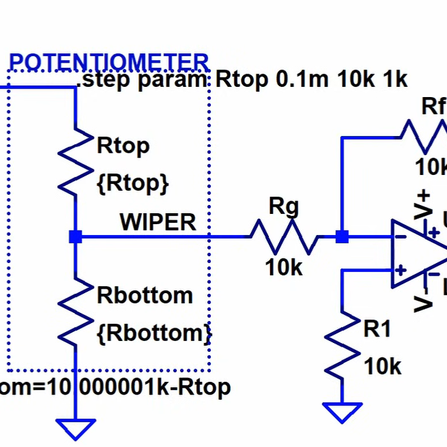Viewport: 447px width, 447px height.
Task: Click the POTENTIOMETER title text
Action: pyautogui.click(x=109, y=62)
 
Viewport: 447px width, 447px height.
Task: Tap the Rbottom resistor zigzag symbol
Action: pyautogui.click(x=76, y=310)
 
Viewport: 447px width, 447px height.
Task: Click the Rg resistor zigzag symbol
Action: pyautogui.click(x=284, y=237)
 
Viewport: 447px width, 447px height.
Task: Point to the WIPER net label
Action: pyautogui.click(x=158, y=222)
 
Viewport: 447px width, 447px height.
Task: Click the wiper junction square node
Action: pyautogui.click(x=75, y=237)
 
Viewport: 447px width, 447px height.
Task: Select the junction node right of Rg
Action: pyautogui.click(x=342, y=237)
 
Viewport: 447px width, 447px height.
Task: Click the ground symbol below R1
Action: pyautogui.click(x=342, y=411)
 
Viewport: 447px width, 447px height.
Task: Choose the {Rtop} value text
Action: pyautogui.click(x=133, y=183)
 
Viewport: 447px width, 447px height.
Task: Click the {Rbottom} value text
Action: pyautogui.click(x=153, y=333)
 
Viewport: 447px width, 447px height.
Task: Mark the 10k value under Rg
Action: pyautogui.click(x=284, y=268)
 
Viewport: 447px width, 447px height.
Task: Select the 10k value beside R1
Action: pyautogui.click(x=383, y=367)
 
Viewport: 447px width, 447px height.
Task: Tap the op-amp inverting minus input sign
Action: pyautogui.click(x=400, y=238)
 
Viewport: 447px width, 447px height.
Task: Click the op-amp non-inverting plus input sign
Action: pyautogui.click(x=400, y=269)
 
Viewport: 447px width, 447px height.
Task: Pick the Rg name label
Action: pyautogui.click(x=284, y=206)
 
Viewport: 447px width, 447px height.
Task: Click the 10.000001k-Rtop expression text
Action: pyautogui.click(x=115, y=387)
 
